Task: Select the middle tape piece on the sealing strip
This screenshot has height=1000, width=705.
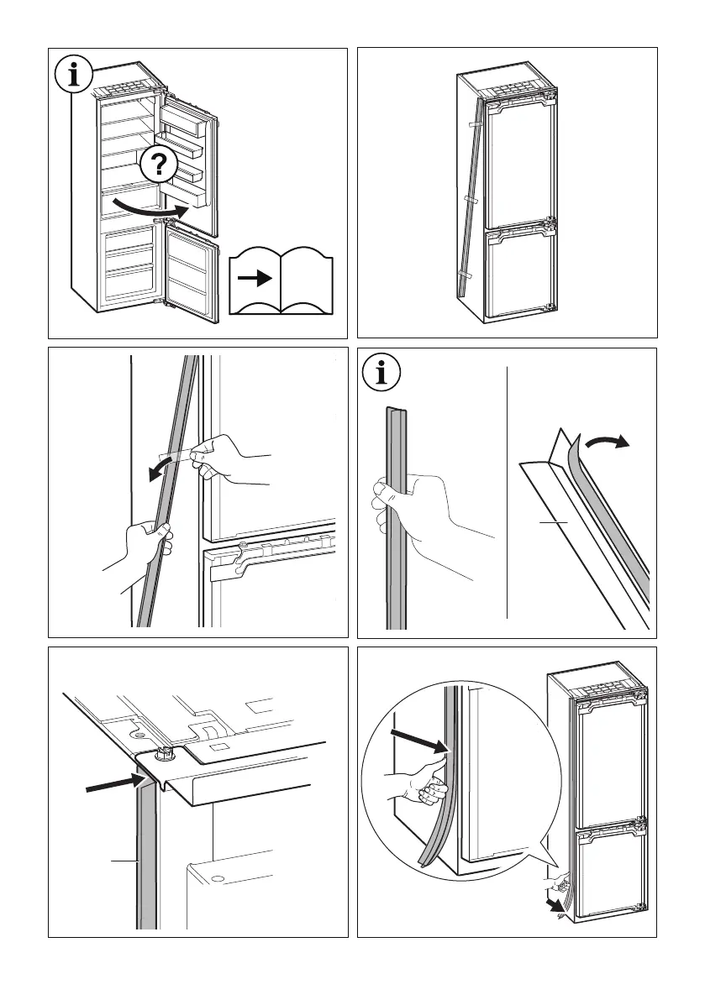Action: tap(469, 200)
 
